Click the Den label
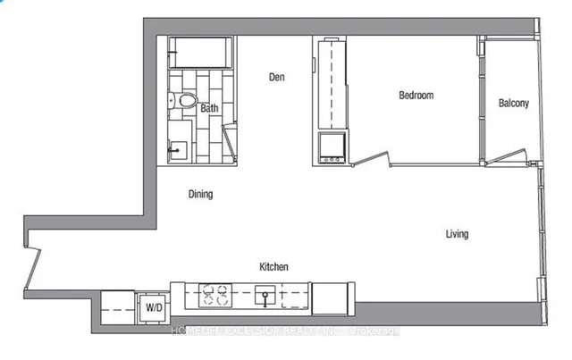click(x=276, y=78)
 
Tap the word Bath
click(x=209, y=109)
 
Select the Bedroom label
click(x=416, y=96)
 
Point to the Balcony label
click(x=513, y=104)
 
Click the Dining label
click(x=200, y=194)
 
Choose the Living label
click(x=457, y=235)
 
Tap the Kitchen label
click(x=273, y=267)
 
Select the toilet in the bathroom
click(x=184, y=102)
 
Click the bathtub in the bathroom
click(x=200, y=54)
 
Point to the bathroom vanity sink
click(x=179, y=147)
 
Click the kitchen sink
click(x=265, y=293)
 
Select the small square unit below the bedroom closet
click(x=331, y=148)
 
